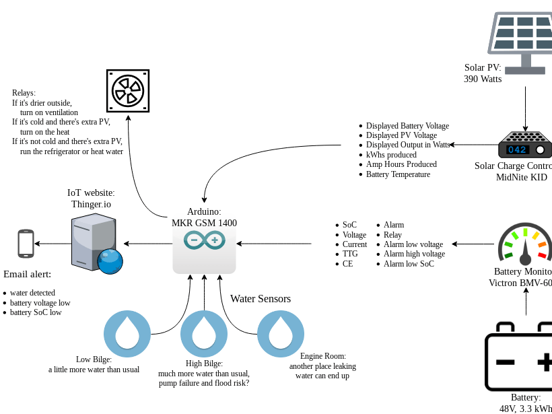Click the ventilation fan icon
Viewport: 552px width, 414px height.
pyautogui.click(x=128, y=90)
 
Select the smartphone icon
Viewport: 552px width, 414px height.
pyautogui.click(x=26, y=243)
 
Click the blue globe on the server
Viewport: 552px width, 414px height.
pyautogui.click(x=110, y=261)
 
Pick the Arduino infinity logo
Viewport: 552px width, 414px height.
pyautogui.click(x=204, y=240)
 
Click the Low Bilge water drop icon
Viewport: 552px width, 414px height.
pyautogui.click(x=127, y=333)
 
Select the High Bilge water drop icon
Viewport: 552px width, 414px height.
pyautogui.click(x=204, y=333)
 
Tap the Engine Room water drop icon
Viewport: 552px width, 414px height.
pyautogui.click(x=281, y=333)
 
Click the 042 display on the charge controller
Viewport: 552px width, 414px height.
pyautogui.click(x=517, y=149)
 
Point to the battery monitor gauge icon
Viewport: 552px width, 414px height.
pyautogui.click(x=525, y=244)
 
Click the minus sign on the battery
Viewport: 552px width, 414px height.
pyautogui.click(x=506, y=362)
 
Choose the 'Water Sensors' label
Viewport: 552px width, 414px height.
pyautogui.click(x=261, y=299)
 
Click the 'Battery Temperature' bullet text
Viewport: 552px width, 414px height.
pyautogui.click(x=398, y=174)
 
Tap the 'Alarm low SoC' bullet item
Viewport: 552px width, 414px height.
pyautogui.click(x=409, y=264)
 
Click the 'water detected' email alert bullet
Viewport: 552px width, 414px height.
pyautogui.click(x=32, y=293)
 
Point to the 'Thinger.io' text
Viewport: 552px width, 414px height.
pyautogui.click(x=91, y=204)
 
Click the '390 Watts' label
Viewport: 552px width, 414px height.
pyautogui.click(x=483, y=79)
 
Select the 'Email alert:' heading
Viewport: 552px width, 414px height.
pyautogui.click(x=27, y=274)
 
